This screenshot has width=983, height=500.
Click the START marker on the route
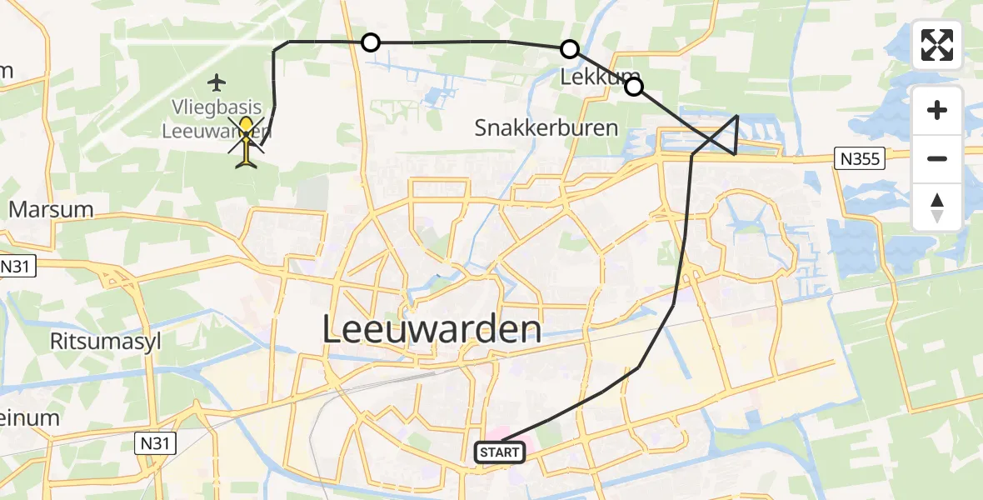click(500, 452)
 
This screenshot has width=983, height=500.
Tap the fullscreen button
click(937, 45)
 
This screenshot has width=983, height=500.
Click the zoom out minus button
click(937, 158)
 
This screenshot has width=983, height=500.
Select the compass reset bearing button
click(937, 207)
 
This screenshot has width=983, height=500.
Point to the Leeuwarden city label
click(432, 330)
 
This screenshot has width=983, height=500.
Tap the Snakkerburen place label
click(546, 127)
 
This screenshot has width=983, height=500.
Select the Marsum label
click(51, 208)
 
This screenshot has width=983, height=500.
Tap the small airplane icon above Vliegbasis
click(217, 82)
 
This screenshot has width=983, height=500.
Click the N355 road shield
click(860, 158)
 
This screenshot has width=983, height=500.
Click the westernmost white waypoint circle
click(371, 42)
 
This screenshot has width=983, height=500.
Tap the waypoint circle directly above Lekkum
click(570, 49)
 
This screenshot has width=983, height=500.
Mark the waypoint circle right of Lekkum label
click(634, 87)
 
